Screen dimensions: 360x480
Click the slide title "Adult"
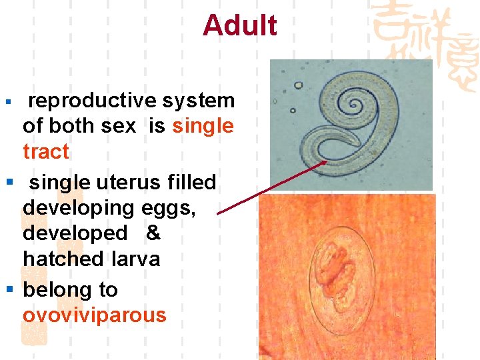tap(240, 25)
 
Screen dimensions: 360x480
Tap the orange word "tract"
tap(45, 151)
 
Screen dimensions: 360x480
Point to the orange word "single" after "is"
tap(203, 126)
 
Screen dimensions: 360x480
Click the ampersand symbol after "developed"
tap(153, 233)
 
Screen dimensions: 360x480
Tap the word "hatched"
tap(63, 259)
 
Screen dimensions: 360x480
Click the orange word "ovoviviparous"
tap(94, 315)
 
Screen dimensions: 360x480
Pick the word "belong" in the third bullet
tap(56, 290)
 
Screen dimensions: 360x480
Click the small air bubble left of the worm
tap(298, 86)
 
